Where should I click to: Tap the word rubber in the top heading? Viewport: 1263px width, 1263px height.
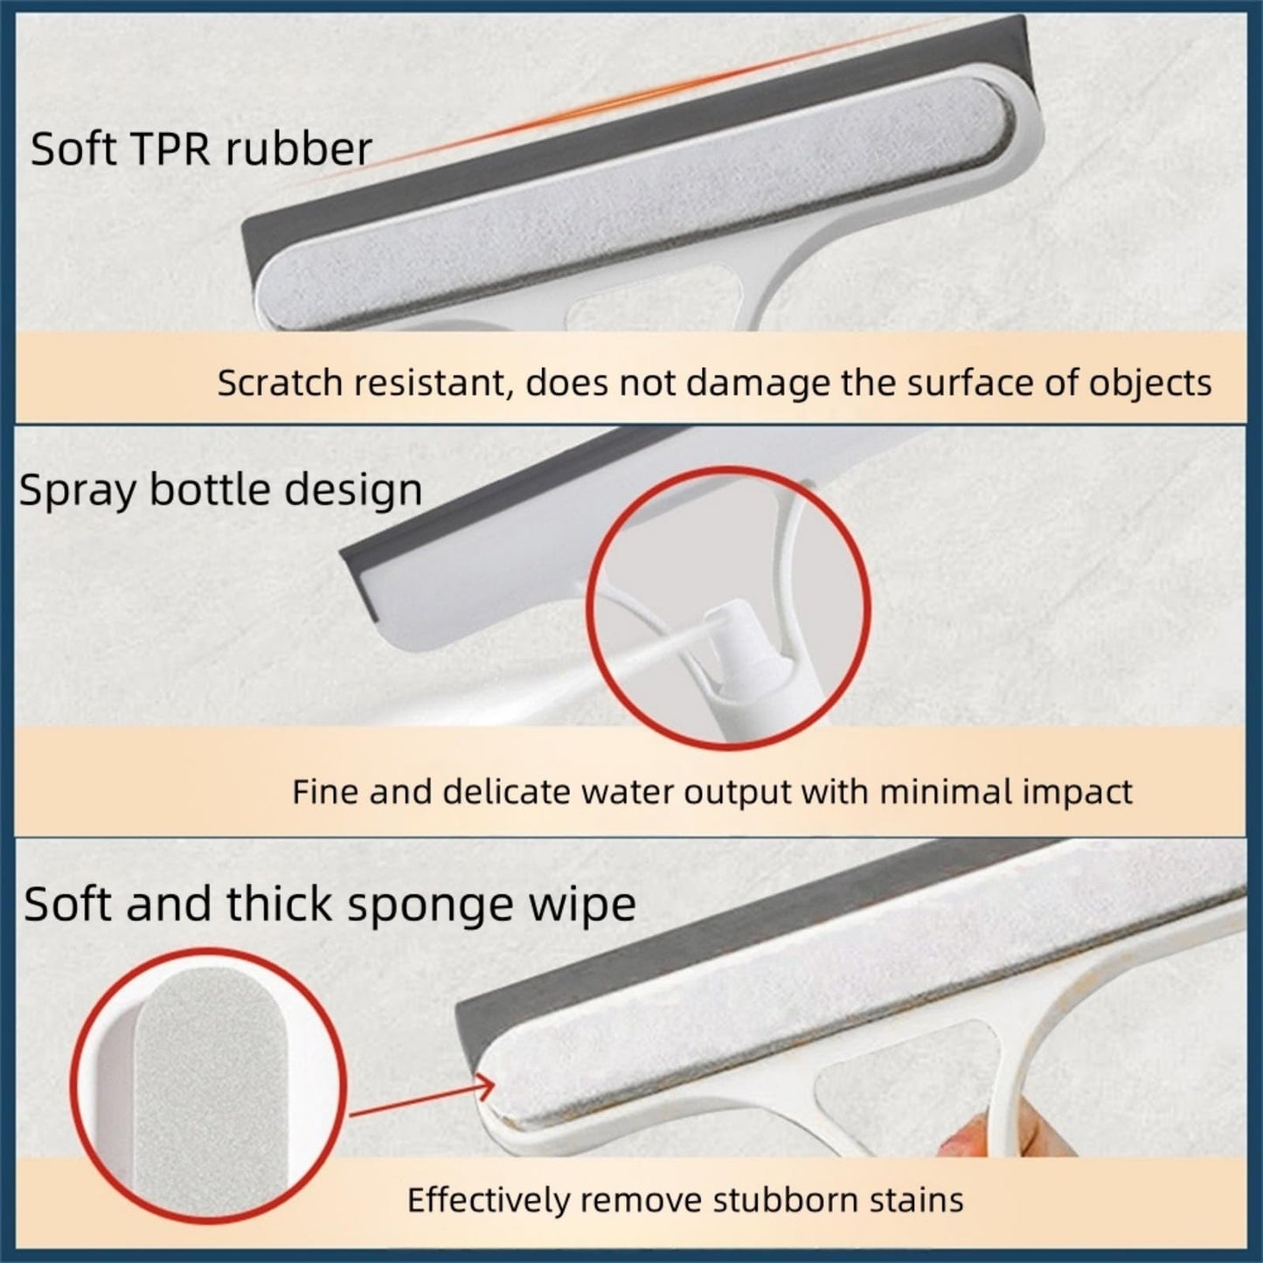tap(299, 149)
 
